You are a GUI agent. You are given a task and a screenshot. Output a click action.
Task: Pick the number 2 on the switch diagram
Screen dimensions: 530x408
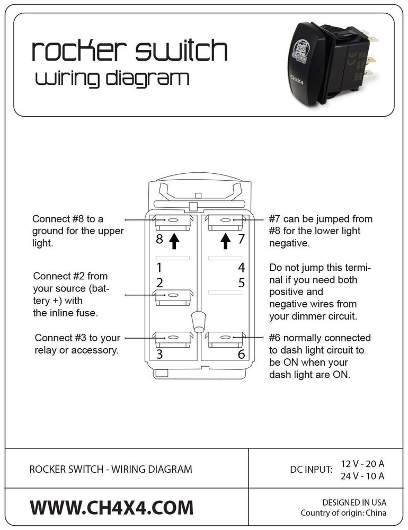159,282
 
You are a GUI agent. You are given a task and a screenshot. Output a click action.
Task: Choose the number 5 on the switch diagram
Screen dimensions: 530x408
241,282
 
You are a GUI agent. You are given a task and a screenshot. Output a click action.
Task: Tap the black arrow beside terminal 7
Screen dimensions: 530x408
226,241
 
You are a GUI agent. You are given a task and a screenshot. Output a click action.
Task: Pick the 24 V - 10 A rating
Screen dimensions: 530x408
362,475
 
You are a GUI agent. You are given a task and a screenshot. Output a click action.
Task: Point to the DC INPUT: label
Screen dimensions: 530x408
312,469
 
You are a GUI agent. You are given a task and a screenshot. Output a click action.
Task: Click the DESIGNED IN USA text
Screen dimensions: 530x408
354,502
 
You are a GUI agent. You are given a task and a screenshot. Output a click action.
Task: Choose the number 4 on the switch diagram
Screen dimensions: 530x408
241,267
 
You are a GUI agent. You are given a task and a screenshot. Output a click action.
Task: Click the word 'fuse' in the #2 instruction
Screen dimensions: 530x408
88,313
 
